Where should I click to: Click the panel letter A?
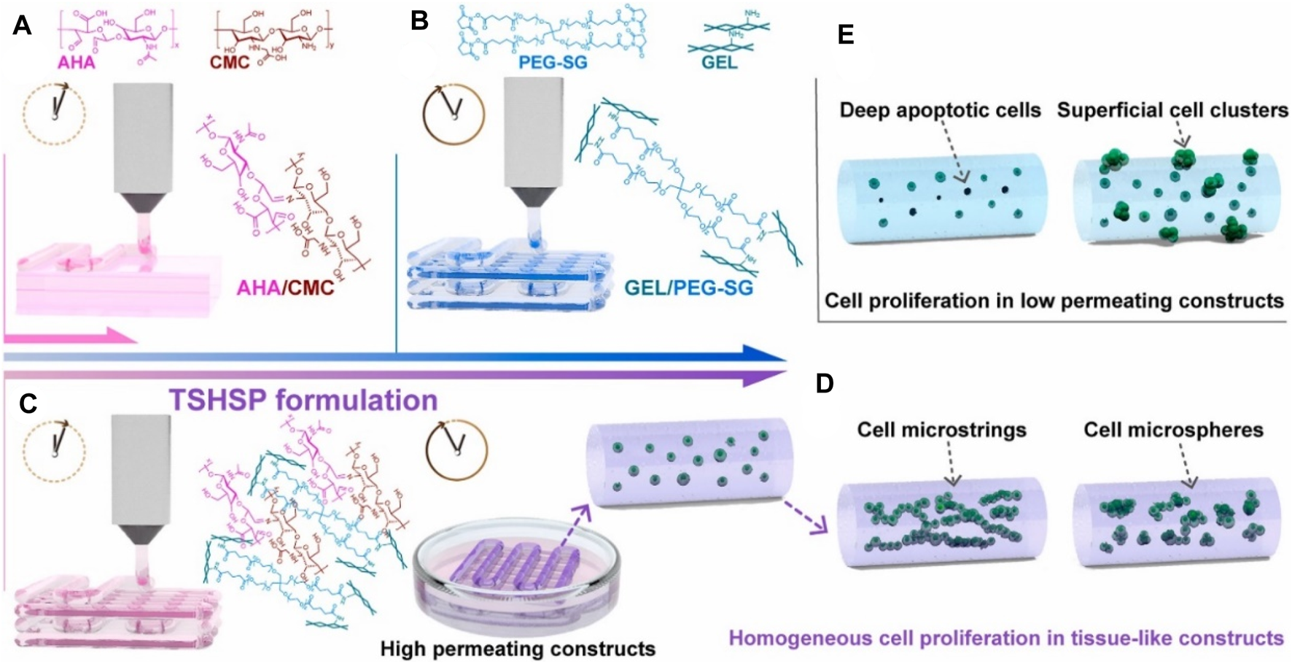pyautogui.click(x=22, y=26)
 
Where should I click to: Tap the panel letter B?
pyautogui.click(x=419, y=21)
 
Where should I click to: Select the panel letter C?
pyautogui.click(x=28, y=404)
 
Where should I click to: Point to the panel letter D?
pyautogui.click(x=825, y=384)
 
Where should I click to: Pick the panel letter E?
pyautogui.click(x=846, y=34)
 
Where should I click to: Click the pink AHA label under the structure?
pyautogui.click(x=76, y=62)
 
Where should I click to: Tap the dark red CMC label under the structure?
pyautogui.click(x=230, y=62)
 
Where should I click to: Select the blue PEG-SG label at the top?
pyautogui.click(x=552, y=62)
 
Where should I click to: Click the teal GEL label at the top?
pyautogui.click(x=719, y=62)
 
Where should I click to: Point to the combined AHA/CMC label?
pyautogui.click(x=285, y=287)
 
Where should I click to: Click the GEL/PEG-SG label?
pyautogui.click(x=688, y=287)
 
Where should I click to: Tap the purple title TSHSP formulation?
pyautogui.click(x=303, y=401)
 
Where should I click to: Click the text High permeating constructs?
pyautogui.click(x=518, y=648)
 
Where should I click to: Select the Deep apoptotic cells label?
pyautogui.click(x=941, y=110)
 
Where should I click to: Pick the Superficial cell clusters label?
pyautogui.click(x=1172, y=110)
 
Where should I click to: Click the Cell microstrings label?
pyautogui.click(x=941, y=430)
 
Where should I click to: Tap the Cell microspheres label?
pyautogui.click(x=1173, y=430)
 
